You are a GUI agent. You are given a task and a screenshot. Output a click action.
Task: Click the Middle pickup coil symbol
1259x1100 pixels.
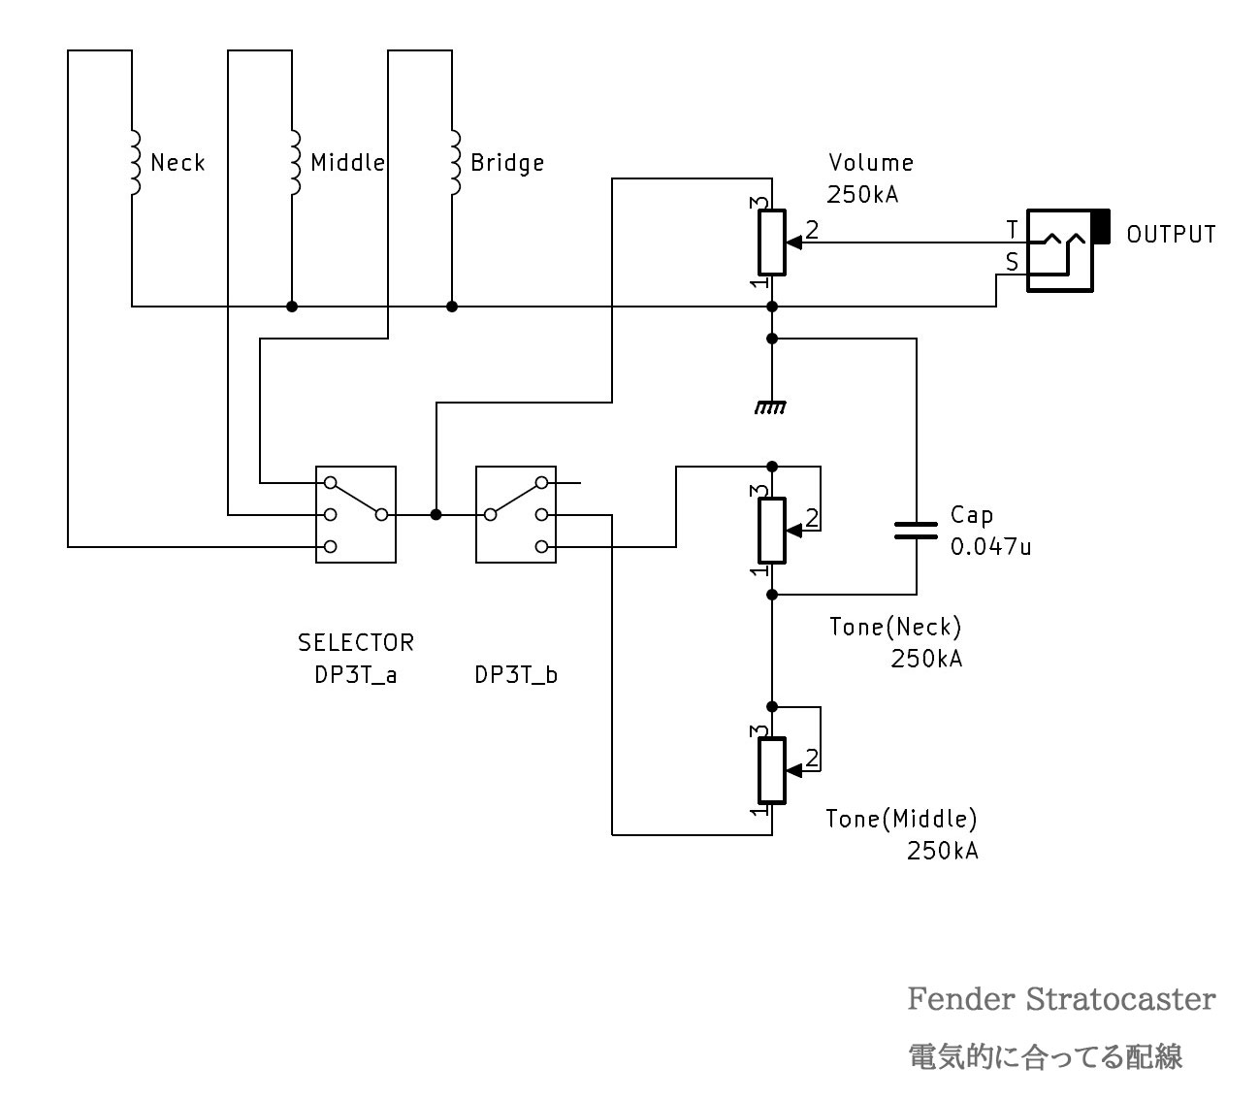tap(293, 162)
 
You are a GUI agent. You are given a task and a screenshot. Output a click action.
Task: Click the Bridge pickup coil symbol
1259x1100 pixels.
tap(453, 162)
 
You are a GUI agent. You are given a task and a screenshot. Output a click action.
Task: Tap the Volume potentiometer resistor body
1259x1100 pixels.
tap(771, 243)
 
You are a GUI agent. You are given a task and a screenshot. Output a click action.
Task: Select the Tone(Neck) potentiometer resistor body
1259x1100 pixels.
tap(771, 530)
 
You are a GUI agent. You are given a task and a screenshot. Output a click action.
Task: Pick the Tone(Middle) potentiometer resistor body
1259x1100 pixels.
tap(771, 770)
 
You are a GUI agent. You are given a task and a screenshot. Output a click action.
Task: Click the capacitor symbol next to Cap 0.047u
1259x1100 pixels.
tap(916, 530)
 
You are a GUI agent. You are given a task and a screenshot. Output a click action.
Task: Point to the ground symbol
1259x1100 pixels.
tap(771, 408)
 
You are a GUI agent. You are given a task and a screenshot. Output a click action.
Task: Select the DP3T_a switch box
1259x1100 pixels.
tap(356, 514)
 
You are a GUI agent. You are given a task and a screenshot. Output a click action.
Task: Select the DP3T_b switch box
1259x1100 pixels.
tap(516, 514)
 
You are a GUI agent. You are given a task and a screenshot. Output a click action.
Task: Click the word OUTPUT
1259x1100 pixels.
tap(1171, 235)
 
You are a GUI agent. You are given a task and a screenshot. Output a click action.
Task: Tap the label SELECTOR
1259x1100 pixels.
tap(356, 642)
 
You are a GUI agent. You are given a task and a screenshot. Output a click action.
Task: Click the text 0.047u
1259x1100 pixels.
tap(990, 547)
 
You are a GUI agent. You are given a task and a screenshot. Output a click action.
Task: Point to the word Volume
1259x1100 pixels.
tap(871, 163)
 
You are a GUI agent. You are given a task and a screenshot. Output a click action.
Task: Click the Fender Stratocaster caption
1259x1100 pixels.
tap(1060, 999)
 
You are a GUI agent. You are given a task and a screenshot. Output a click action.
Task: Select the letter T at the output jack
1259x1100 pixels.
tap(1012, 231)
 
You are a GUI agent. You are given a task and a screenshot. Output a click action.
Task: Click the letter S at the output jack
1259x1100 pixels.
tap(1012, 262)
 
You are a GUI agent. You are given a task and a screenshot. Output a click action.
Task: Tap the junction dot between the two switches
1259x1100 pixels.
tap(436, 514)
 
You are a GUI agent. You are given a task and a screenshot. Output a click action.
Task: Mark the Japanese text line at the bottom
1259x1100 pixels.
tap(1045, 1056)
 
